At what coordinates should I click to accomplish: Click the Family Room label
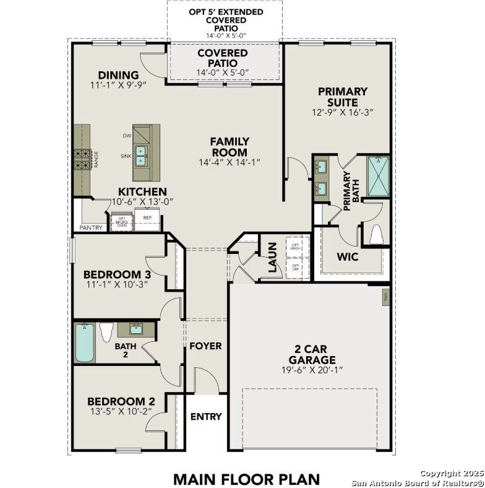230,147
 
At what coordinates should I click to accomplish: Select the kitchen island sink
141,155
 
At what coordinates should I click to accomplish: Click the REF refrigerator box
147,220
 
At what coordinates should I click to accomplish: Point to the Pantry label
91,228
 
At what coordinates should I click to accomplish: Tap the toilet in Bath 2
106,333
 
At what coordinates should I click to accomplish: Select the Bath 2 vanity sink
134,329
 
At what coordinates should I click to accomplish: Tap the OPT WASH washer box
296,246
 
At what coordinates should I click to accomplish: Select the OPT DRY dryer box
296,268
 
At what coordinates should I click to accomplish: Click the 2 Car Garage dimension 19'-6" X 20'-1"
311,370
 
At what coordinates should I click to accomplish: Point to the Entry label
205,416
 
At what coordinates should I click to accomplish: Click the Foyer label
205,346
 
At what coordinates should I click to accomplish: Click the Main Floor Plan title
246,479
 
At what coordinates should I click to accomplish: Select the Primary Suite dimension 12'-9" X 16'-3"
343,113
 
